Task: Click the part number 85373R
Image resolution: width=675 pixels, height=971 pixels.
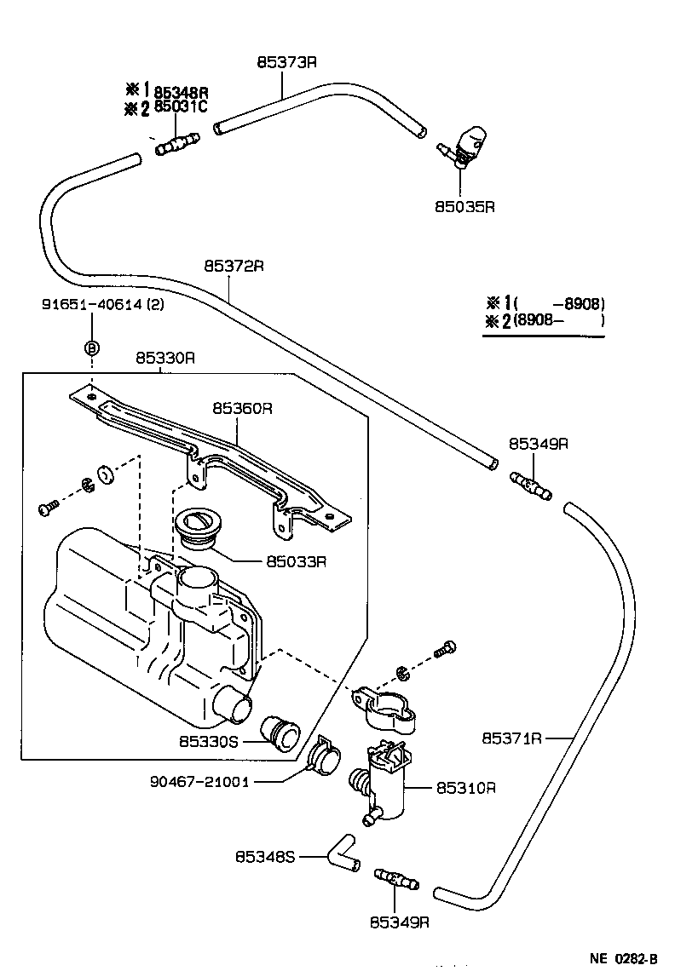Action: coord(286,62)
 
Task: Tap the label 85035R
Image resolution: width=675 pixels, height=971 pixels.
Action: coord(465,206)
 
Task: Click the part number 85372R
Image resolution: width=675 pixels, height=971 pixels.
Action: coord(234,266)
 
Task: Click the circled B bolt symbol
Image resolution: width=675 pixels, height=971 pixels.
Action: coord(91,348)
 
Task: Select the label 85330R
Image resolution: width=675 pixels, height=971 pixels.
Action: coord(165,359)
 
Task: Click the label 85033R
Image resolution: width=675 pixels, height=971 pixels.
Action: coord(297,561)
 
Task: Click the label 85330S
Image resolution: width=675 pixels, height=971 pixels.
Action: coord(209,742)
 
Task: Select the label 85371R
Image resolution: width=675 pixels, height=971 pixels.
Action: coord(511,738)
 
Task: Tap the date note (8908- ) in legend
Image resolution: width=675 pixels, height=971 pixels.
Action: coord(558,321)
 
